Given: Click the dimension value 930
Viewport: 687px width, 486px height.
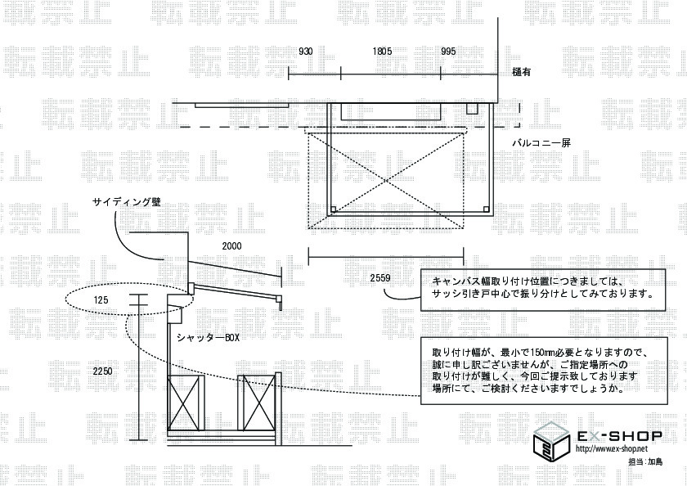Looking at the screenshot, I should pyautogui.click(x=305, y=51).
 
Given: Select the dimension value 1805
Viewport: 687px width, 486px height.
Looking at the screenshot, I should pyautogui.click(x=382, y=51).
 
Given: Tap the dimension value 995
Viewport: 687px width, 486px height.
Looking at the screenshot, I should pyautogui.click(x=448, y=51).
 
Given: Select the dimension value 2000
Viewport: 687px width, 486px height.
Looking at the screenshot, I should pyautogui.click(x=232, y=245).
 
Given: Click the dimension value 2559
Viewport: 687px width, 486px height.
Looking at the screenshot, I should pyautogui.click(x=379, y=278).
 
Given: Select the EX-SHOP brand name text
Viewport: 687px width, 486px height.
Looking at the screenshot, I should pyautogui.click(x=619, y=434).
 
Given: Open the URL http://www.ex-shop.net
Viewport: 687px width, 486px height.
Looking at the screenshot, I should pyautogui.click(x=612, y=449).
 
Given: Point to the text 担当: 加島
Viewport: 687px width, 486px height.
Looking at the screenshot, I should pyautogui.click(x=645, y=463).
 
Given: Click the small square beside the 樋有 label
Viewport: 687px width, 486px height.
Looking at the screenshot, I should pyautogui.click(x=472, y=109).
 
